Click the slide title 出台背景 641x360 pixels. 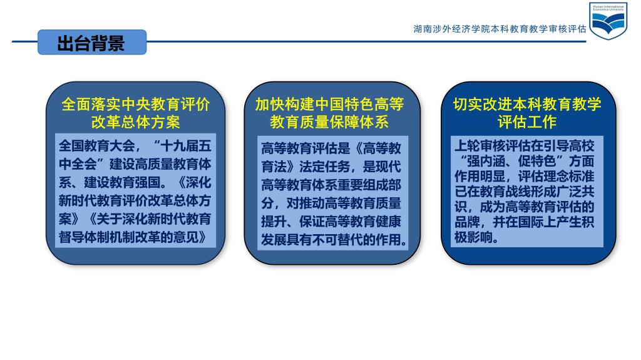click(x=91, y=43)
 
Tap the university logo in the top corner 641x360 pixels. click(x=608, y=21)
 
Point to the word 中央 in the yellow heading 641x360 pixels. click(x=136, y=105)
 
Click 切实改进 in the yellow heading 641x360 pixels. click(x=483, y=105)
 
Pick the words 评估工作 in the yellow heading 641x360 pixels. click(x=527, y=122)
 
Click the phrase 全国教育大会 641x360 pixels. click(x=96, y=146)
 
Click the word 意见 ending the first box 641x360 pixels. click(x=186, y=237)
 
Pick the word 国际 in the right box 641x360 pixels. click(x=531, y=222)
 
